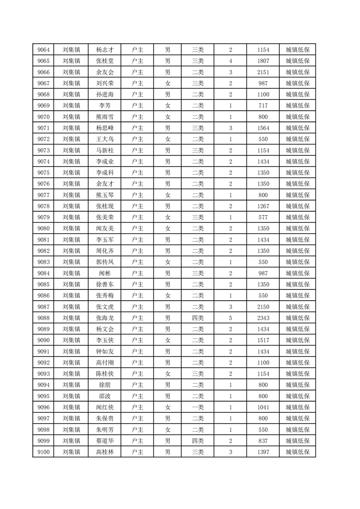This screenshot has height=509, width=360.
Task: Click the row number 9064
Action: (44, 50)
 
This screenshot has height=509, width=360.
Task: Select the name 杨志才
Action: (105, 50)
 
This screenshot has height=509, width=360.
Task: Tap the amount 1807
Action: (263, 61)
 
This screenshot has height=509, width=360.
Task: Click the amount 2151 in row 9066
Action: (263, 72)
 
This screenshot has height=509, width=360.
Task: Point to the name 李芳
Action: (105, 106)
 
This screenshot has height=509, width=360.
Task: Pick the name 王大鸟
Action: (105, 139)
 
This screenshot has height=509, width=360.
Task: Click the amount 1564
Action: (263, 128)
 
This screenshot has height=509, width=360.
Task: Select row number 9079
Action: (44, 217)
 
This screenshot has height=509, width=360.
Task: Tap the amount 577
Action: (263, 217)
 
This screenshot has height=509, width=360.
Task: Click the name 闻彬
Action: (105, 273)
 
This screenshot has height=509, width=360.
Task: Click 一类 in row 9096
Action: (198, 407)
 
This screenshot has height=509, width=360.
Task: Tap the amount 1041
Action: (263, 407)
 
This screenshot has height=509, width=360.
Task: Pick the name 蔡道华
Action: (105, 440)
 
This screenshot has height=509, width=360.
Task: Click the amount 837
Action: (263, 440)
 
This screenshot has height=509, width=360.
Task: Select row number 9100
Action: (44, 452)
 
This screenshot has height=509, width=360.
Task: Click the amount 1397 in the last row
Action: (263, 452)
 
